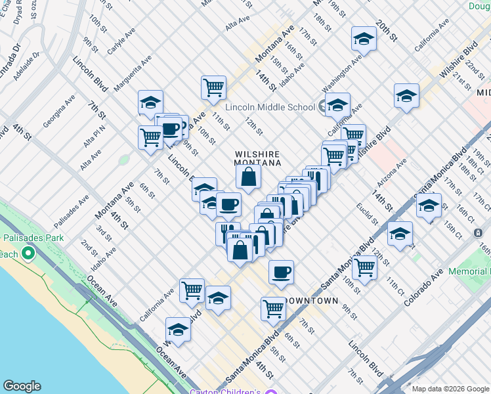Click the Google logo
pyautogui.click(x=22, y=386)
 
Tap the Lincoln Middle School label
pyautogui.click(x=270, y=107)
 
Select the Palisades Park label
pyautogui.click(x=33, y=238)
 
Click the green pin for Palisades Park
pyautogui.click(x=28, y=253)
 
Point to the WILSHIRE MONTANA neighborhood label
pyautogui.click(x=258, y=158)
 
